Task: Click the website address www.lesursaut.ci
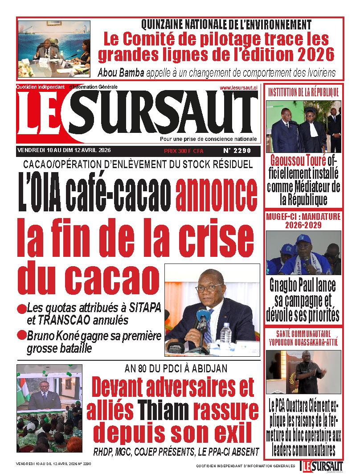[x=238, y=88]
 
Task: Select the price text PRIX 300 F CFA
[x=184, y=151]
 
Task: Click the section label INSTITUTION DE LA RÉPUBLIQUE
[x=303, y=93]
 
